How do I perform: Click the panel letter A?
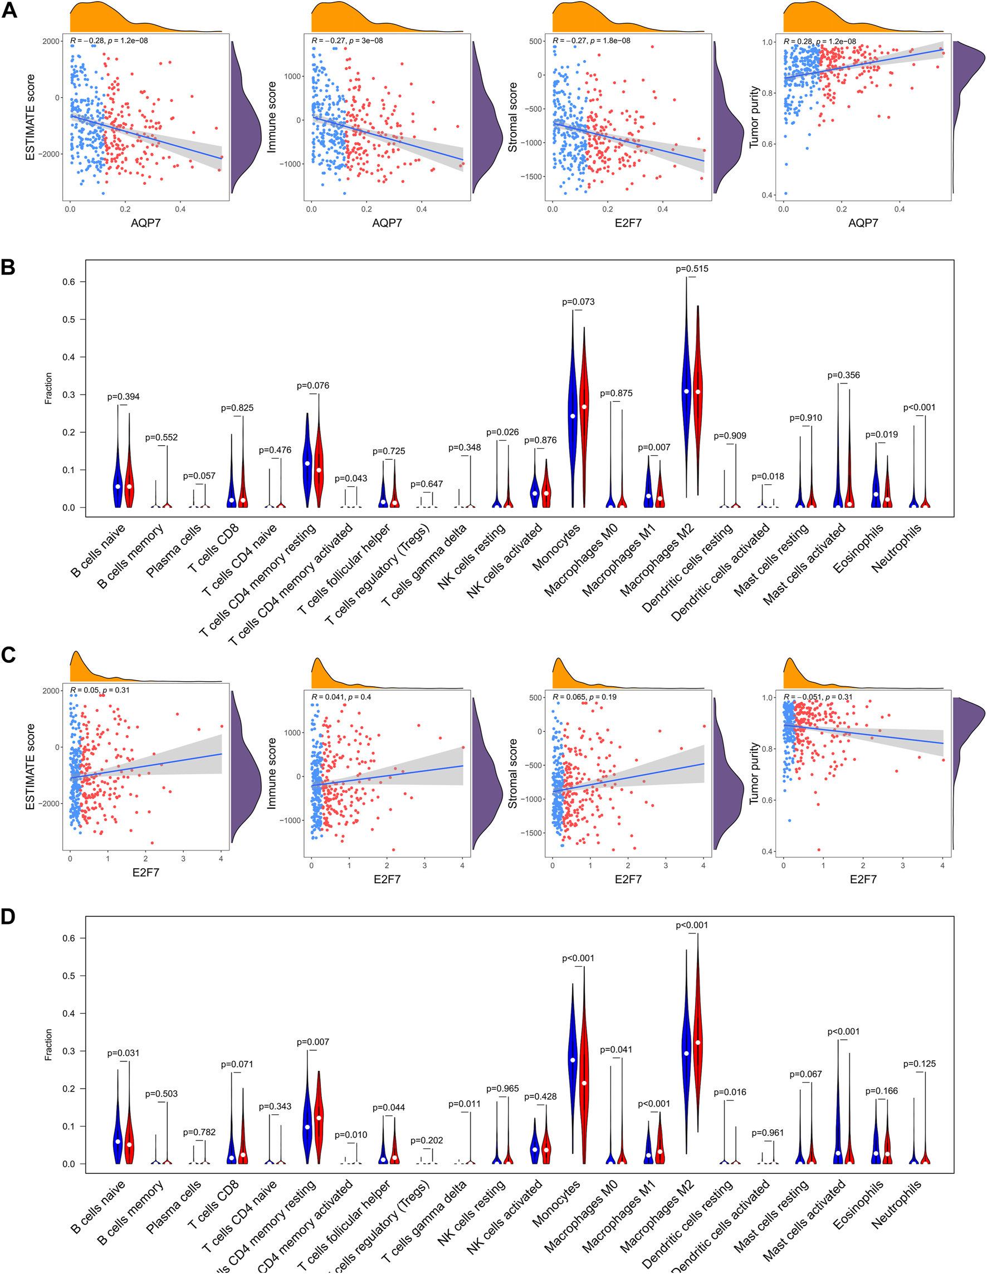point(9,10)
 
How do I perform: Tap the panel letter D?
point(8,917)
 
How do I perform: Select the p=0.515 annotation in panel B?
point(692,269)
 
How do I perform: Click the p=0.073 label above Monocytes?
point(578,302)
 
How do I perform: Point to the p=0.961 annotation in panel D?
point(768,1133)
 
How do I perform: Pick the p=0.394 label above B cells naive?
point(123,397)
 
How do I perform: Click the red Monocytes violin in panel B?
point(584,420)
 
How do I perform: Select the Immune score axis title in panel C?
point(271,773)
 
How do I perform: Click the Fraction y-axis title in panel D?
point(48,1044)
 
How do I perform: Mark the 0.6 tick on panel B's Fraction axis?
point(69,282)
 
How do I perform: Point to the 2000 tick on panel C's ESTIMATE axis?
point(51,691)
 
